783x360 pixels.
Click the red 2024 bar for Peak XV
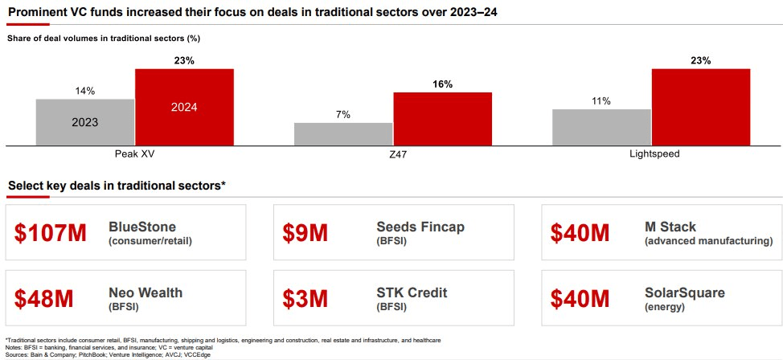[184, 107]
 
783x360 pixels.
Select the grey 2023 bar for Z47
[343, 134]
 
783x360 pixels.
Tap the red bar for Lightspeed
[700, 107]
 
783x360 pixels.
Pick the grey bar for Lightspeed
[601, 127]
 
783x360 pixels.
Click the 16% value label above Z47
[442, 84]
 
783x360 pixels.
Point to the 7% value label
[343, 115]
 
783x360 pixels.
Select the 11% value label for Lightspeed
[601, 101]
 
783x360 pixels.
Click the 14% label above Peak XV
[84, 91]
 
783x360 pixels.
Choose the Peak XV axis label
[134, 154]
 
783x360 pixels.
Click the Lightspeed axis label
[651, 154]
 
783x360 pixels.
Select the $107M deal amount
[51, 232]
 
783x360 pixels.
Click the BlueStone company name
[142, 227]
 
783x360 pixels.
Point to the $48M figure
[44, 298]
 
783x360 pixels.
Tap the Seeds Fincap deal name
[420, 227]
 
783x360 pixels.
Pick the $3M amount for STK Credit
[305, 298]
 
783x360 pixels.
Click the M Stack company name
[670, 227]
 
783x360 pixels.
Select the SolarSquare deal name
[684, 292]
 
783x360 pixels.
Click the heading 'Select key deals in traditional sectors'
[117, 186]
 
